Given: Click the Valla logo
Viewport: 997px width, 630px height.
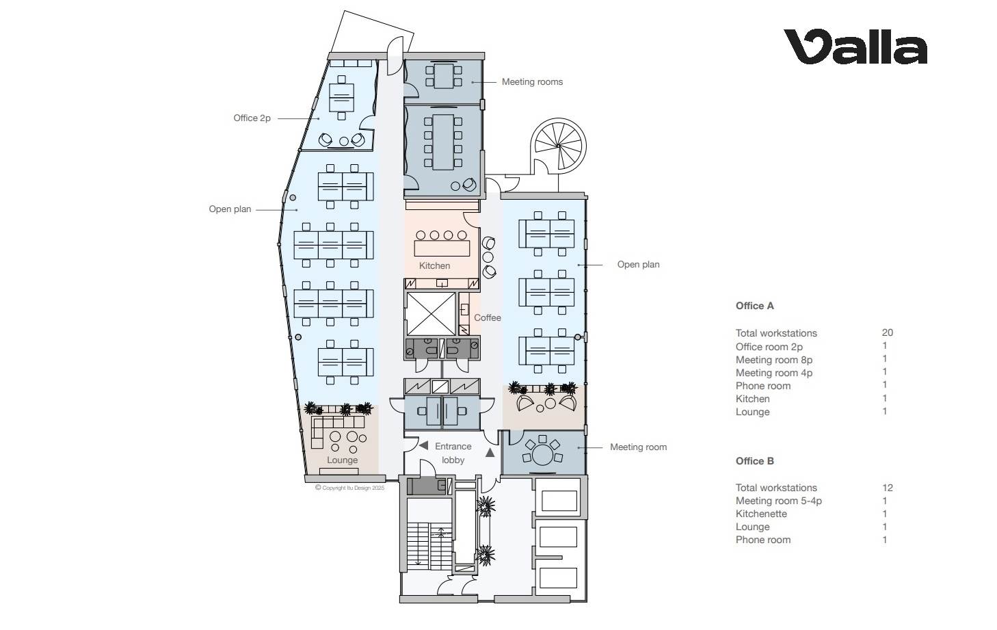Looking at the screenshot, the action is click(855, 47).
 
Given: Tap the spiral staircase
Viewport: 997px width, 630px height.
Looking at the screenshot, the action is click(558, 146).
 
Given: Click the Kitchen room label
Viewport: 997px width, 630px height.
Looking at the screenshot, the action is click(434, 266).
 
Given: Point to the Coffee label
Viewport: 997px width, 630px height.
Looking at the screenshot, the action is click(488, 317).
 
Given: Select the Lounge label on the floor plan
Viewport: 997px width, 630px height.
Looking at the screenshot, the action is click(343, 460).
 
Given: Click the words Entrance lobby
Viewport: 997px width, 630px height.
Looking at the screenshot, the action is click(453, 453).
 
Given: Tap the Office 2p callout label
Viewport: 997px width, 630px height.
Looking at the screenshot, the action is click(252, 118).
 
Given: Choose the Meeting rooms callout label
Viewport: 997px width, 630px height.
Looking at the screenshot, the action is click(532, 82).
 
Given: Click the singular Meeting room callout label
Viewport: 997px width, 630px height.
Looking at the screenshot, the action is click(638, 447).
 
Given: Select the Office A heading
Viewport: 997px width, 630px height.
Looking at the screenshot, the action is click(754, 306).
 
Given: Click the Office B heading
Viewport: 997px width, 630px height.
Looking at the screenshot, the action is click(754, 461).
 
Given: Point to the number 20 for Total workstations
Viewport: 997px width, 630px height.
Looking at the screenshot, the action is click(887, 332).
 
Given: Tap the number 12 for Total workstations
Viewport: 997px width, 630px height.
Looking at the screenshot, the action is click(888, 488).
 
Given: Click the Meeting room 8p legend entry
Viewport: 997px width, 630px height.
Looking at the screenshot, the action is click(773, 360).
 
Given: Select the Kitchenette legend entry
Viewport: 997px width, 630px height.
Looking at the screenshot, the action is click(761, 514).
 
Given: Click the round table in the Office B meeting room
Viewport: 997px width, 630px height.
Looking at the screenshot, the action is click(542, 455).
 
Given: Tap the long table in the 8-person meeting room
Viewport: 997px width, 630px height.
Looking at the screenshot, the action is click(443, 142).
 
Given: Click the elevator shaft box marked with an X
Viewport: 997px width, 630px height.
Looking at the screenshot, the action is click(431, 314).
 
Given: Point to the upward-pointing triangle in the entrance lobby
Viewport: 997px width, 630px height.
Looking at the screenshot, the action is click(490, 453).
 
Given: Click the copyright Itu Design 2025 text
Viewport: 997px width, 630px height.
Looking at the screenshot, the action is click(350, 488).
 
